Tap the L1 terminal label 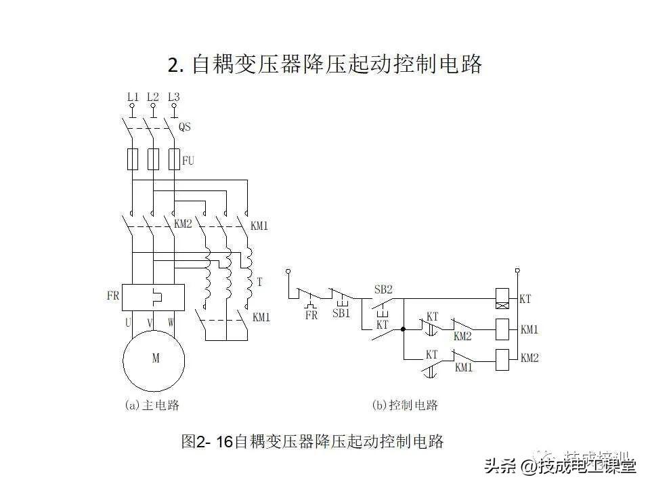[x=133, y=97]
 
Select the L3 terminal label [x=174, y=97]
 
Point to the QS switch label [x=185, y=127]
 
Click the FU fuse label [x=188, y=161]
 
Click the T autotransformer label [x=259, y=281]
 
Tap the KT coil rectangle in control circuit [x=502, y=298]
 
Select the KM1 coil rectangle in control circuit [x=502, y=330]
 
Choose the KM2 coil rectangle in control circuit [x=502, y=359]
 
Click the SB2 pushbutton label [x=383, y=289]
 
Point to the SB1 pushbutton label [x=341, y=314]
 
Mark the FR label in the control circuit [x=311, y=314]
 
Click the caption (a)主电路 [x=152, y=405]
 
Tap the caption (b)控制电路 [x=405, y=405]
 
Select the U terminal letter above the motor [x=128, y=323]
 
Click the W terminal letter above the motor [x=171, y=323]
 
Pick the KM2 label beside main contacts [x=183, y=224]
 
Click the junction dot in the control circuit [x=403, y=330]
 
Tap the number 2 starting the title [x=173, y=65]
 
